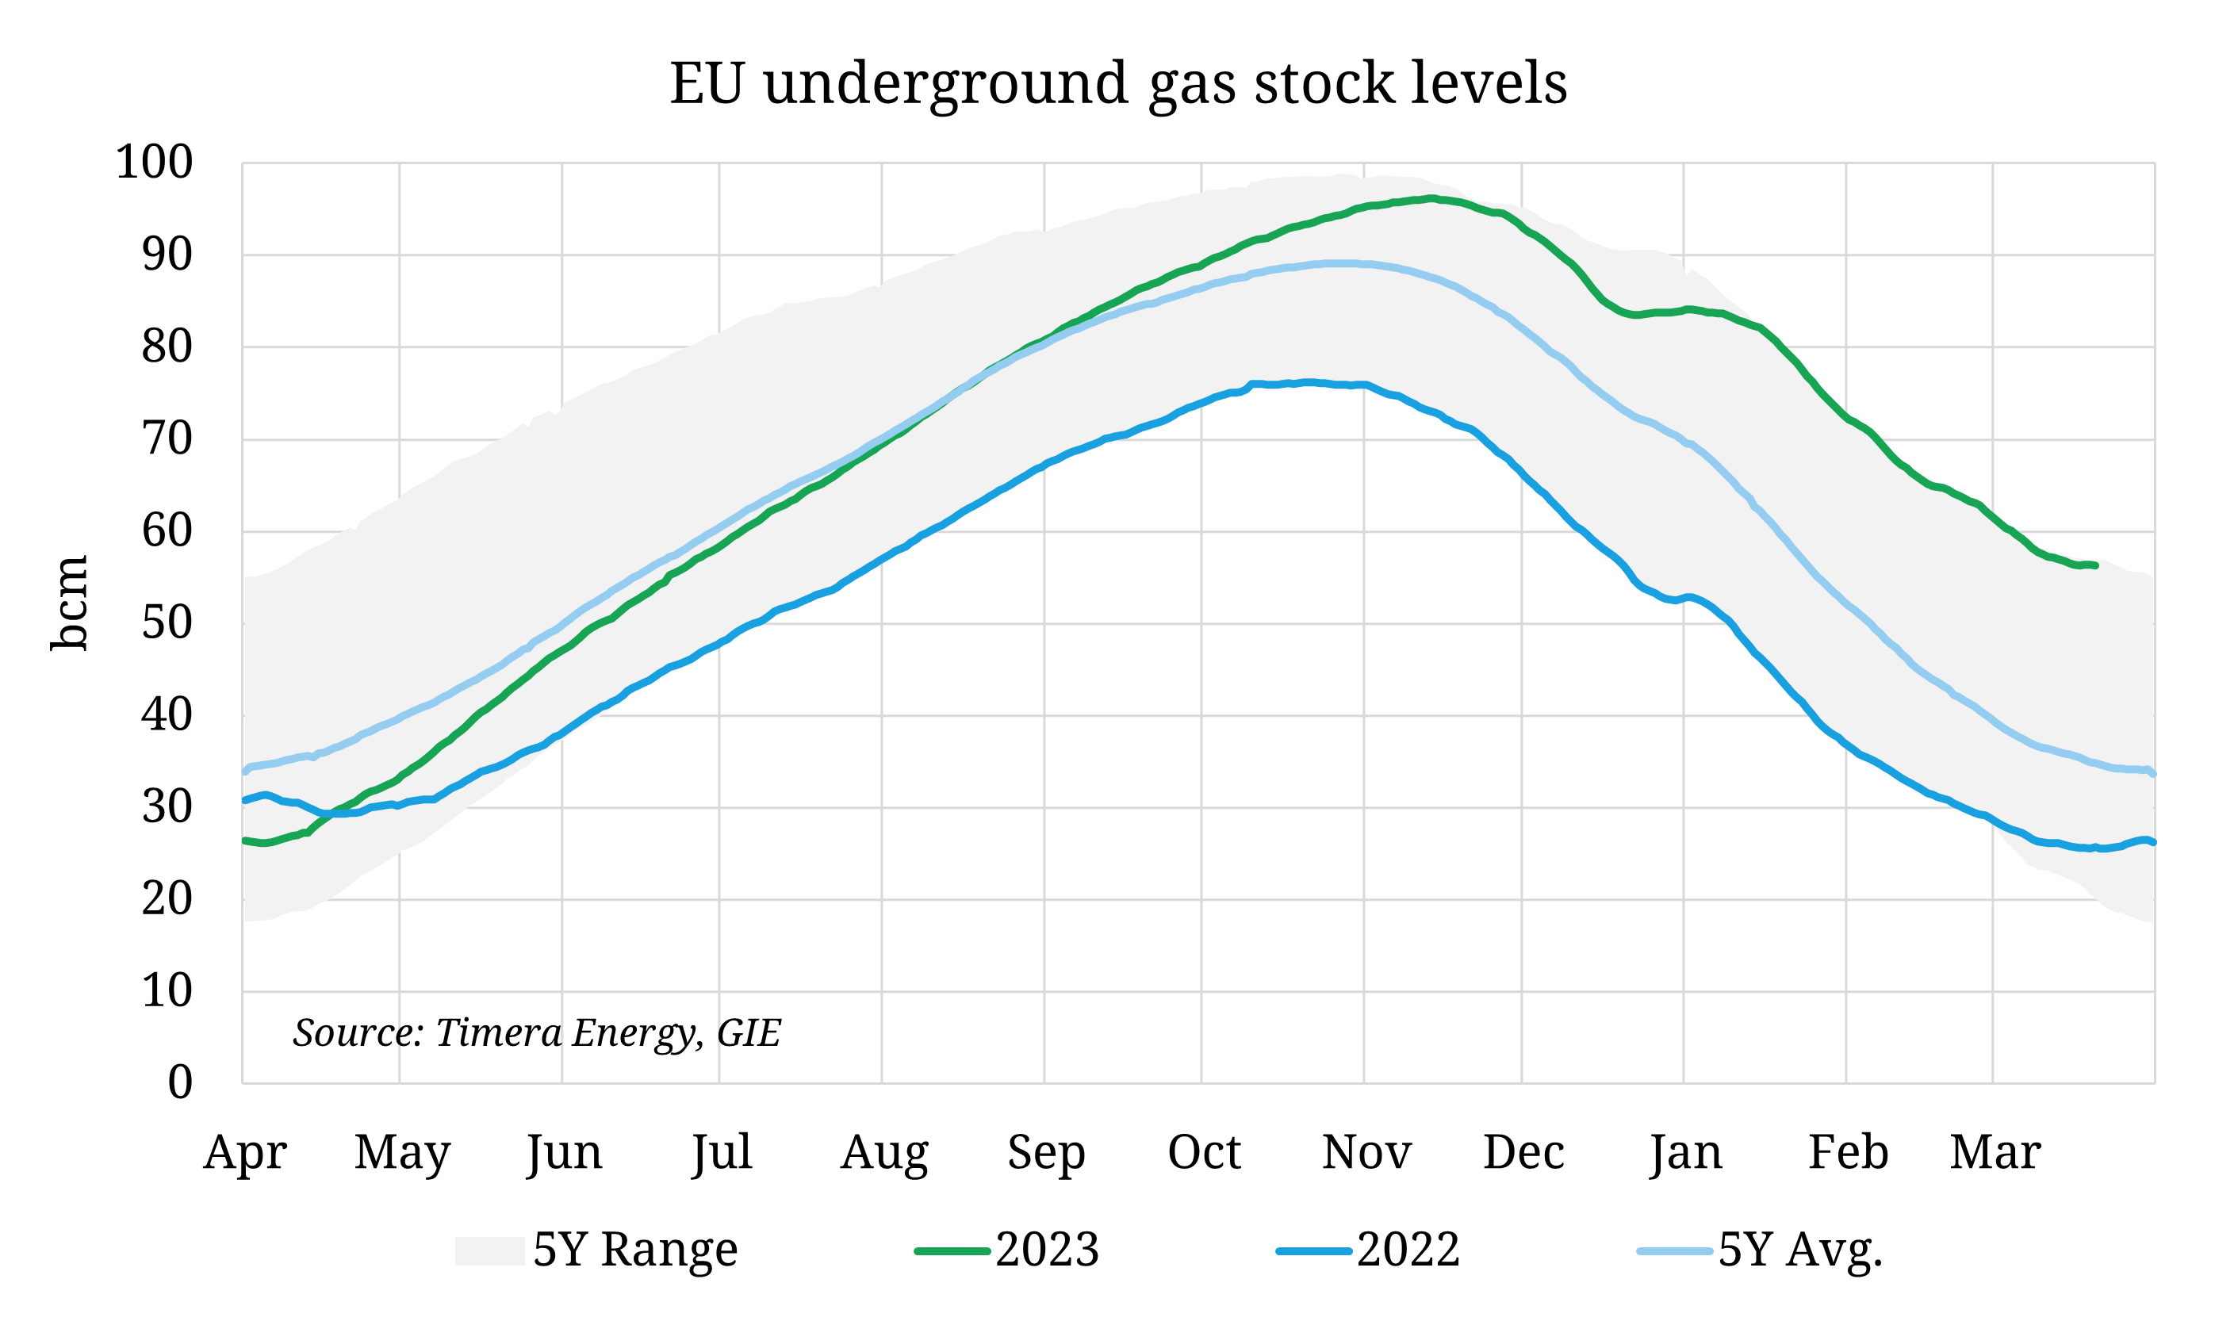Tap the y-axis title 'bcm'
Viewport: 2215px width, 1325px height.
tap(69, 603)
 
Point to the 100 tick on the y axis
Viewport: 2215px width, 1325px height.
tap(154, 163)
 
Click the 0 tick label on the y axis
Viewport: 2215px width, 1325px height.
tap(179, 1082)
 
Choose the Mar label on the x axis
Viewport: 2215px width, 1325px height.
tap(1995, 1152)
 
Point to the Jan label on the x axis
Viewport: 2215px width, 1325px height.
tap(1684, 1152)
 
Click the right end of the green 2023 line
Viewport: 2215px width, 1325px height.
tap(2095, 565)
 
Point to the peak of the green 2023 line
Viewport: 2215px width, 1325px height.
tap(1431, 198)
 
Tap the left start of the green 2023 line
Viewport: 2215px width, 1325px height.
tap(244, 841)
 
